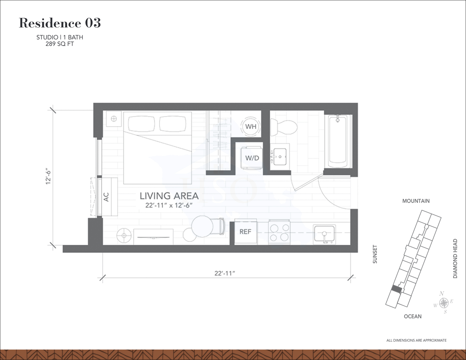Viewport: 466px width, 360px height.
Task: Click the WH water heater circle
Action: [251, 126]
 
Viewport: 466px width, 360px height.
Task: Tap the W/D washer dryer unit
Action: [252, 158]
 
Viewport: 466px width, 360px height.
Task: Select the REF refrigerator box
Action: [245, 232]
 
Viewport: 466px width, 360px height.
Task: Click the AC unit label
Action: [106, 197]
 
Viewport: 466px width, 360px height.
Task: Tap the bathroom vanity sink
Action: [280, 156]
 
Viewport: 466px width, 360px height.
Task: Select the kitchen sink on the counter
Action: [324, 235]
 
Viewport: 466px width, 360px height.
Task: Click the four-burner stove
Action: [279, 232]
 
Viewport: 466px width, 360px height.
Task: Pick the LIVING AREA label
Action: [169, 196]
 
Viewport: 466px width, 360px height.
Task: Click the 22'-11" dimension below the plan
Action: [225, 273]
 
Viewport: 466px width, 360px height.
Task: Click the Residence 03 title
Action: [60, 23]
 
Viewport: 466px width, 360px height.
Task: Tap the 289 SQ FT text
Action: [60, 44]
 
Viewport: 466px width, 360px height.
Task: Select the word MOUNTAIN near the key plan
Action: [416, 201]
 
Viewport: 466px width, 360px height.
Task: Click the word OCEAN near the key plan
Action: [413, 317]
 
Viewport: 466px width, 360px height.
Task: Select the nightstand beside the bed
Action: [114, 119]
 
